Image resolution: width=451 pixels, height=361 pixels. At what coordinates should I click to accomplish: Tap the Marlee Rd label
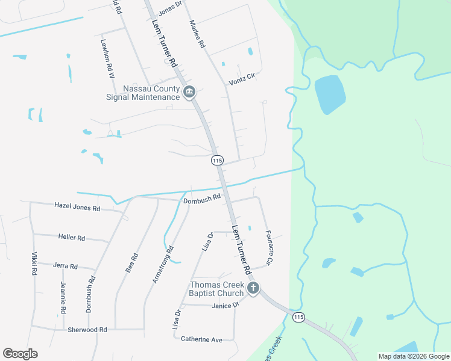point(198,34)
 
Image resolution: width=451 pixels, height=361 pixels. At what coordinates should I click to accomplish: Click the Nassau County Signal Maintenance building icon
point(189,92)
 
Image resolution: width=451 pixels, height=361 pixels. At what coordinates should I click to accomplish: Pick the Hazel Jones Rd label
point(77,208)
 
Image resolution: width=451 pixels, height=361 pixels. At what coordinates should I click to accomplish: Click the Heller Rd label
point(72,238)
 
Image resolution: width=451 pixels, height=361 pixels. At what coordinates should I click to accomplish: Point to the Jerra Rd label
point(65,266)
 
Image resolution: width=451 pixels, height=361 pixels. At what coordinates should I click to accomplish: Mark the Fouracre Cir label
point(269,246)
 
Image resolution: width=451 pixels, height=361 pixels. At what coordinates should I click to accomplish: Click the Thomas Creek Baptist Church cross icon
point(253,288)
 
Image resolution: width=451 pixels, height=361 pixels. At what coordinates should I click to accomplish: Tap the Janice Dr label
point(225,306)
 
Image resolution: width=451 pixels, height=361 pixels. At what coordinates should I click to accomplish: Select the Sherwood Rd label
point(87,330)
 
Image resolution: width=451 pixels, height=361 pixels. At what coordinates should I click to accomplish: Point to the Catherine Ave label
point(201,339)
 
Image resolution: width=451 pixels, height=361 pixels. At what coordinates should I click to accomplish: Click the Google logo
point(20,353)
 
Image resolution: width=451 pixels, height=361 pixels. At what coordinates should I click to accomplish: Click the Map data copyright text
point(413,356)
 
